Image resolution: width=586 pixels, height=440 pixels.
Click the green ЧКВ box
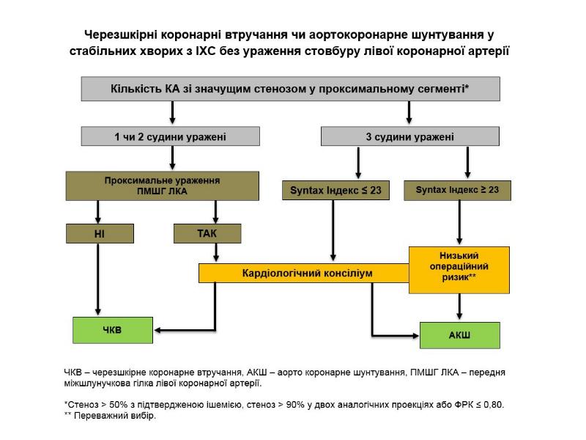point(112,330)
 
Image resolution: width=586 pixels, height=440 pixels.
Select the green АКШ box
point(459,335)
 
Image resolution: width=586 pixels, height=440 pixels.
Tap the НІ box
point(99,233)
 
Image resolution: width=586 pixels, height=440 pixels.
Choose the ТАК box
point(206,233)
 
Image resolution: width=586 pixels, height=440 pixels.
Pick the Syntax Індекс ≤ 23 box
point(335,190)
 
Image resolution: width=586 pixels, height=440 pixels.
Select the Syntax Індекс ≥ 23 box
point(457,190)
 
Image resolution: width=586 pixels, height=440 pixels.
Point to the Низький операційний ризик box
point(457,268)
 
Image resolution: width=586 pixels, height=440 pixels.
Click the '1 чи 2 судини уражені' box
point(170,136)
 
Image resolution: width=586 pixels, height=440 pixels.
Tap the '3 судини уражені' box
point(409,136)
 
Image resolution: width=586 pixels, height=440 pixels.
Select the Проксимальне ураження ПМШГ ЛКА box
point(163,185)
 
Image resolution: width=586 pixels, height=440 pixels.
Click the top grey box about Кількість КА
point(290,89)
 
